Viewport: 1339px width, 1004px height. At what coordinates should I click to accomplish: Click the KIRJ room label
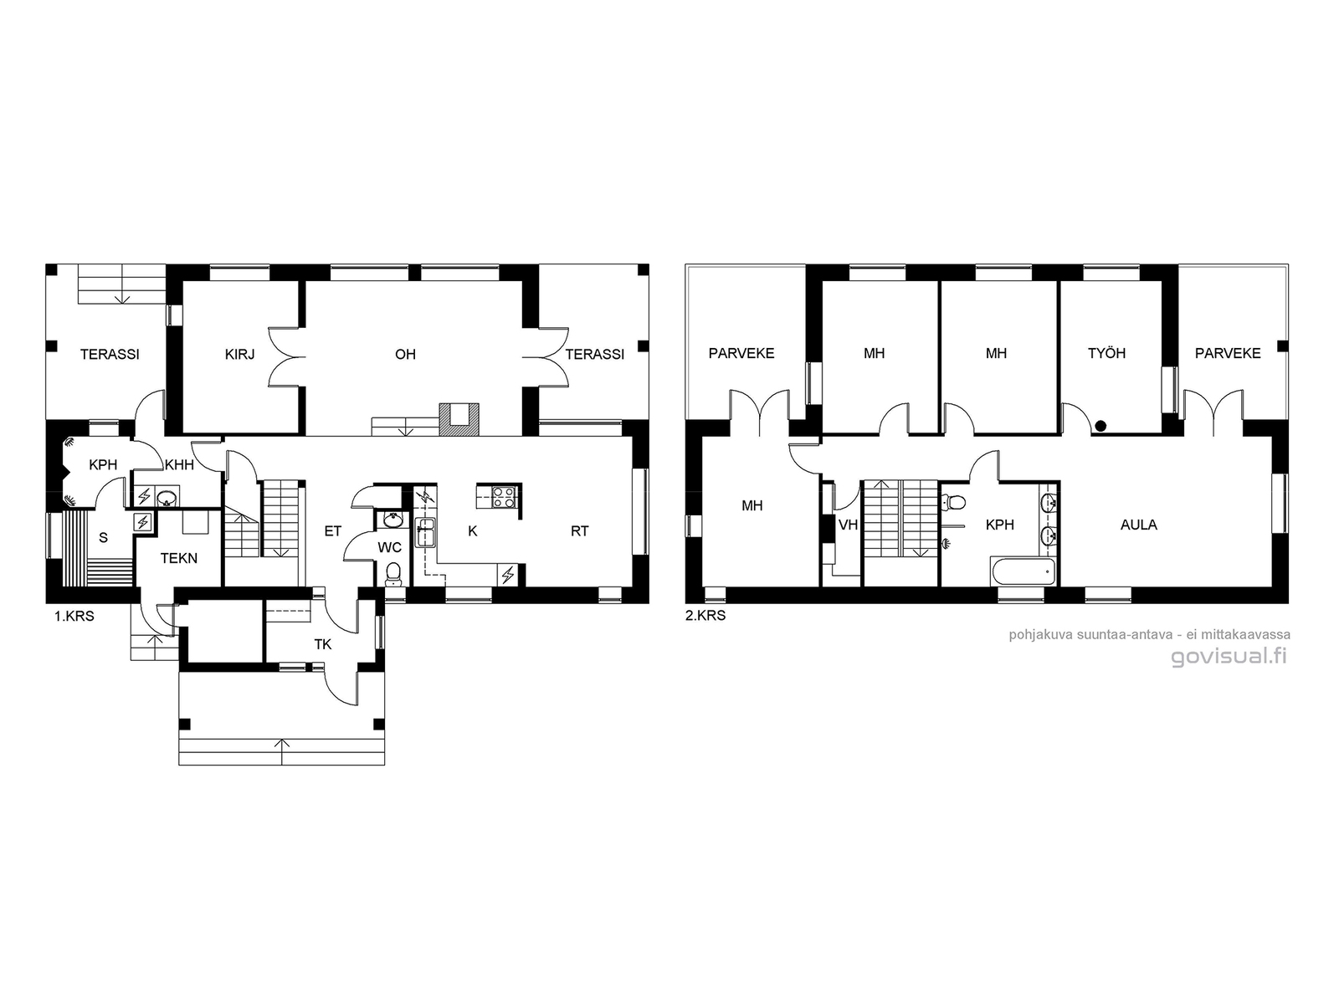pos(239,354)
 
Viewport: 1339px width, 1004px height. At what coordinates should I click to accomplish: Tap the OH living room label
pos(405,354)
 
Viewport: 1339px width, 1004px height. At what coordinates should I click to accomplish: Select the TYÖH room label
pos(1106,353)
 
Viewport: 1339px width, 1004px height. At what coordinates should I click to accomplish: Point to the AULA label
pos(1138,525)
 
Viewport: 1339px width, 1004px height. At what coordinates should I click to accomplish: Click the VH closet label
pos(848,525)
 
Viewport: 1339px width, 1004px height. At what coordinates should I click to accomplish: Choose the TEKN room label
pos(179,558)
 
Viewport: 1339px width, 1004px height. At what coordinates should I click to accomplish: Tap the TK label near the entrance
pos(323,644)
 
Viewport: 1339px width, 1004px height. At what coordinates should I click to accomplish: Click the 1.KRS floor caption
pos(74,617)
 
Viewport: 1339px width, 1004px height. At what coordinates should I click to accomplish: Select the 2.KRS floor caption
pos(705,616)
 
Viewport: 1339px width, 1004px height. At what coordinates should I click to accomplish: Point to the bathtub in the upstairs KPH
pos(1023,571)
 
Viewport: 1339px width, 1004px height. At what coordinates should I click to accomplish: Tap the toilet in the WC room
pos(393,574)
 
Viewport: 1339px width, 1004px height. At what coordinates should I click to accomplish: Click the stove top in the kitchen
pos(504,497)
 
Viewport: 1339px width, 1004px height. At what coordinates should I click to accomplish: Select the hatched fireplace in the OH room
pos(459,419)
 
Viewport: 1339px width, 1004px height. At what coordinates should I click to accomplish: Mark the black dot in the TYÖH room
pos(1100,426)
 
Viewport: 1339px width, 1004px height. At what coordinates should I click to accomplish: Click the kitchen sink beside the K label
pos(425,532)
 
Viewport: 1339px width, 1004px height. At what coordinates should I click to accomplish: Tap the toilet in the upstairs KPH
pos(954,502)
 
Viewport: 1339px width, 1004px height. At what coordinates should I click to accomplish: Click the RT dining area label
pos(579,531)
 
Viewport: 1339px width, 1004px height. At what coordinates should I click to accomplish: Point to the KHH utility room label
pos(179,464)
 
